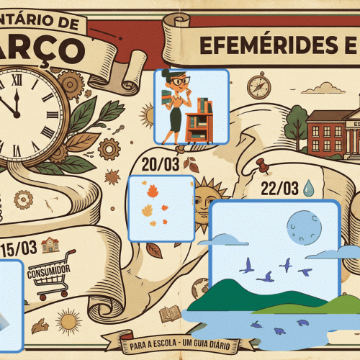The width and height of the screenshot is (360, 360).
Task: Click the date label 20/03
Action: [160, 164]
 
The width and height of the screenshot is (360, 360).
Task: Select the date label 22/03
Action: [279, 189]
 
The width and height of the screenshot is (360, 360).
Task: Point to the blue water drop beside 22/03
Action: [309, 188]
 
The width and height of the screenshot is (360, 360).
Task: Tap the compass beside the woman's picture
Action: [258, 86]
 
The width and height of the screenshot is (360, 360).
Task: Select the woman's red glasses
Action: [177, 80]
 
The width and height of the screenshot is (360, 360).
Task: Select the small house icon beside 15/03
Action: [49, 246]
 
